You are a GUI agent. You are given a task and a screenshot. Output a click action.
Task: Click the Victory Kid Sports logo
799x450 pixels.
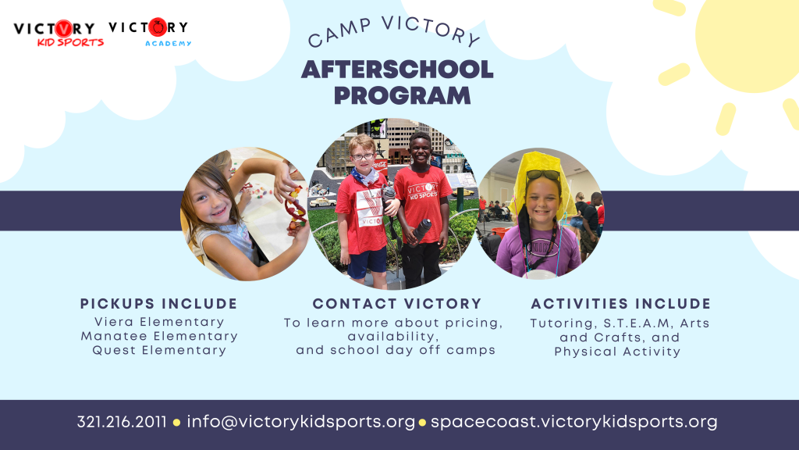coord(59,33)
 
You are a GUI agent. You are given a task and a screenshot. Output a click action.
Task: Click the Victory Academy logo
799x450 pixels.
coord(149,32)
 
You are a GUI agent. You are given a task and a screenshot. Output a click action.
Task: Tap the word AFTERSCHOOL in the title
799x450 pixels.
coord(397,70)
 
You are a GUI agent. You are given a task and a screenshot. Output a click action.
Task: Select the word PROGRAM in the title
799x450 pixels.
coord(402,95)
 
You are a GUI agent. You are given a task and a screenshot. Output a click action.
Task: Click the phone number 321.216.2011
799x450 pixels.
coord(122,422)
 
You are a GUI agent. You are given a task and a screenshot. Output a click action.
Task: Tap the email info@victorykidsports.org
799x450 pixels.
coord(300,422)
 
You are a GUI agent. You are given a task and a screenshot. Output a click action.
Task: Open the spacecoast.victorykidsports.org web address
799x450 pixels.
coord(574,422)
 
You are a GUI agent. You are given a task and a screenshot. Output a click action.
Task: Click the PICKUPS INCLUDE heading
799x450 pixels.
coord(159,304)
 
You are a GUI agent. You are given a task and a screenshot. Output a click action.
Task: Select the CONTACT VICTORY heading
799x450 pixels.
coord(397,304)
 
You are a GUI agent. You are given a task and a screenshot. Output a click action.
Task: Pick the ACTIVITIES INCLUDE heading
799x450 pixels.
coord(620,304)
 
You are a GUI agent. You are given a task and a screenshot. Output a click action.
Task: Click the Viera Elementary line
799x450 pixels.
coord(159,322)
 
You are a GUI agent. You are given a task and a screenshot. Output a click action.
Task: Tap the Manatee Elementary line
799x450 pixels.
coord(159,336)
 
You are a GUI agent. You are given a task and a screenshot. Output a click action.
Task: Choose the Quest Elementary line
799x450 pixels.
coord(159,351)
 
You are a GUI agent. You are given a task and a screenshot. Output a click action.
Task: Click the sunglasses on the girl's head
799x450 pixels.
coord(543,174)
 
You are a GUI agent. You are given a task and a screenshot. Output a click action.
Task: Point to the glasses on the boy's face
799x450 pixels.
coord(363,156)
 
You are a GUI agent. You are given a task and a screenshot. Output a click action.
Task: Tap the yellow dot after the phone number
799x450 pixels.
coord(177,423)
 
